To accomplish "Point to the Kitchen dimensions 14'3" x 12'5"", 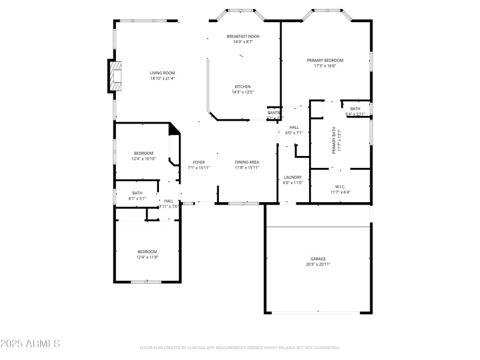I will pos(242,92).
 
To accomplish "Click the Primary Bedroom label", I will pos(325,60).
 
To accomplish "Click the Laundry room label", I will pos(292,177).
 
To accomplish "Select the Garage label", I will pos(318,259).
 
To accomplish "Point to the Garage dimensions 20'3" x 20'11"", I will pos(318,264).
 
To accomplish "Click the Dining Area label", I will pos(247,162).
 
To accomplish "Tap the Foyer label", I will pos(199,162).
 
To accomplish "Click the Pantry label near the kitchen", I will pos(274,112).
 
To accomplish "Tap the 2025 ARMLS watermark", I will pos(30,344).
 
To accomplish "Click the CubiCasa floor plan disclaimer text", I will pos(239,347).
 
